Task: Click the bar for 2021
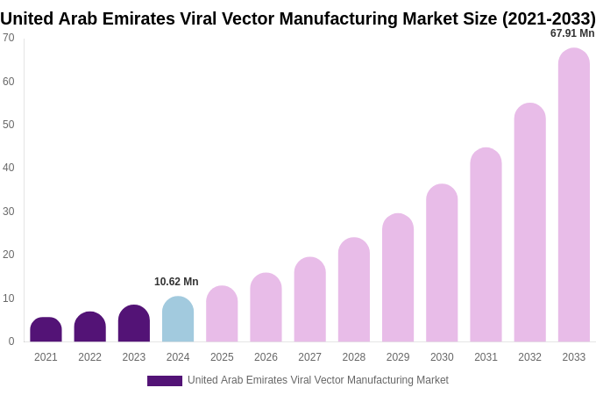pos(46,330)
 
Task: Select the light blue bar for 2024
pos(178,320)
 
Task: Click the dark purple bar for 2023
pos(134,324)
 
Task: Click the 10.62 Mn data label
pos(176,282)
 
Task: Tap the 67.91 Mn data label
pos(572,33)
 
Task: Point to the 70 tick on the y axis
pos(9,38)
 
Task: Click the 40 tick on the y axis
pos(9,168)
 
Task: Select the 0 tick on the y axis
pos(11,341)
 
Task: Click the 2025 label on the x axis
pos(222,357)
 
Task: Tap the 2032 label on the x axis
pos(529,357)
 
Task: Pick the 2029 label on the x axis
pos(398,357)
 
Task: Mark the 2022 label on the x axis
pos(89,357)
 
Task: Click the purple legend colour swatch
pos(165,381)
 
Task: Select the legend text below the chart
pos(317,380)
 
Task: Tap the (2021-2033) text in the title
pos(549,18)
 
